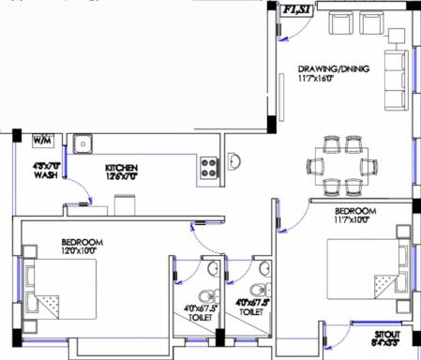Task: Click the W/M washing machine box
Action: (x=42, y=141)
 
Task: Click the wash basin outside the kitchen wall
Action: (x=236, y=159)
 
